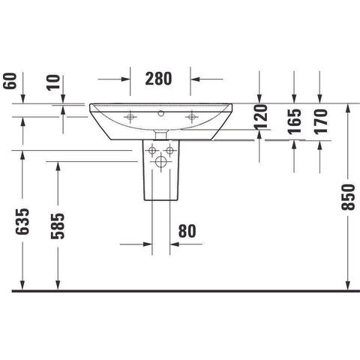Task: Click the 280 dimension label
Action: pos(158,79)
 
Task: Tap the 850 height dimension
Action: pos(348,197)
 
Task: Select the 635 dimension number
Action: pos(22,221)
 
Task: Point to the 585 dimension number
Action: pos(58,226)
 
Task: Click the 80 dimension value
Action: pos(187,231)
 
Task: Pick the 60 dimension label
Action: pos(10,81)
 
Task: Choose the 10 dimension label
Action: pos(53,82)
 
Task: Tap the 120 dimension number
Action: pos(261,117)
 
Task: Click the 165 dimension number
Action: pos(294,121)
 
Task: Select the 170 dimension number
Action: pos(321,121)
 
